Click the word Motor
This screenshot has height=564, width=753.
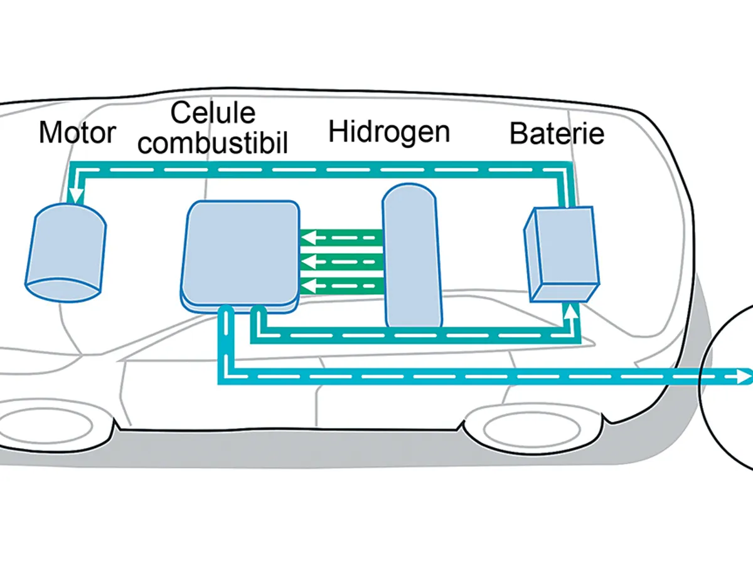[x=77, y=133]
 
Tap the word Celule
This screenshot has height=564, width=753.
[x=213, y=113]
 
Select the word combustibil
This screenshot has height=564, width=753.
[x=213, y=144]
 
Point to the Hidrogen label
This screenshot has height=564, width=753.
[x=389, y=132]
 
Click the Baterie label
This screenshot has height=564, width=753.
[x=557, y=133]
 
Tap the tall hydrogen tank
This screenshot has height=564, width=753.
[x=411, y=257]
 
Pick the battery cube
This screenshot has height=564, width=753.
[x=561, y=254]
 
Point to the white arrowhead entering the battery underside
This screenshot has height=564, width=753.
[x=570, y=310]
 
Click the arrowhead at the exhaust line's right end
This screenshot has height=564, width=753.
[x=744, y=377]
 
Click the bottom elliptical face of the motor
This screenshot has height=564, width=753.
[x=63, y=290]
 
